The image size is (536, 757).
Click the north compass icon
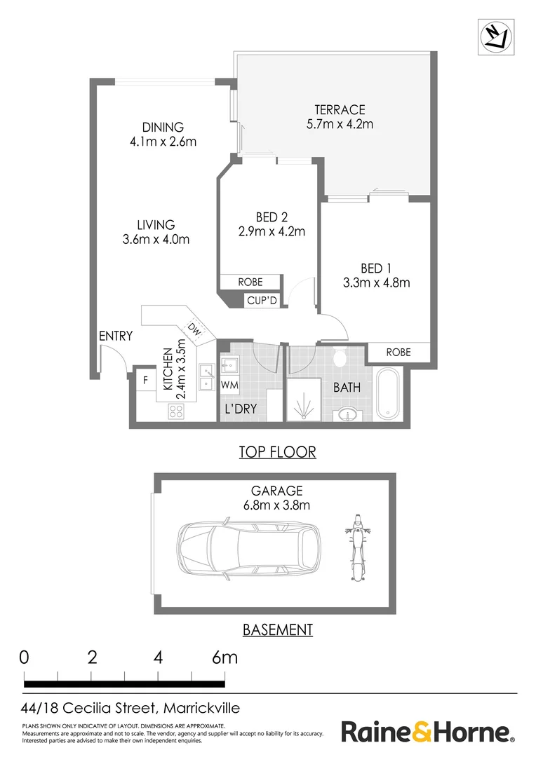click(496, 36)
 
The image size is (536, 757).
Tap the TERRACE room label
click(340, 109)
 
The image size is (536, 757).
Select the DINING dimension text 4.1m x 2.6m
click(163, 142)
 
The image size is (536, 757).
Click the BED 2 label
click(271, 217)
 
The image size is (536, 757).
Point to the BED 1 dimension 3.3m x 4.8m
click(377, 282)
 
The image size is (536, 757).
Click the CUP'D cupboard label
click(262, 301)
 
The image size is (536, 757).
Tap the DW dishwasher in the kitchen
click(194, 331)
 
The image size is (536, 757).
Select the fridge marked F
click(145, 381)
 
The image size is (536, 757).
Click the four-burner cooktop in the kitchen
click(175, 411)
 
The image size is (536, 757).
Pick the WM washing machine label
click(229, 386)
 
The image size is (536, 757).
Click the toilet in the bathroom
click(340, 356)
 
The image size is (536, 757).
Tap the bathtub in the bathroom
click(388, 393)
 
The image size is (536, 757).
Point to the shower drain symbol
click(303, 409)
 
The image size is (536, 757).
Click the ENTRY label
click(116, 336)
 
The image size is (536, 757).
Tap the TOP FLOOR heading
click(277, 452)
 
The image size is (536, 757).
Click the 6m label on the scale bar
click(225, 657)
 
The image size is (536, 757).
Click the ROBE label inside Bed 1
click(398, 353)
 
